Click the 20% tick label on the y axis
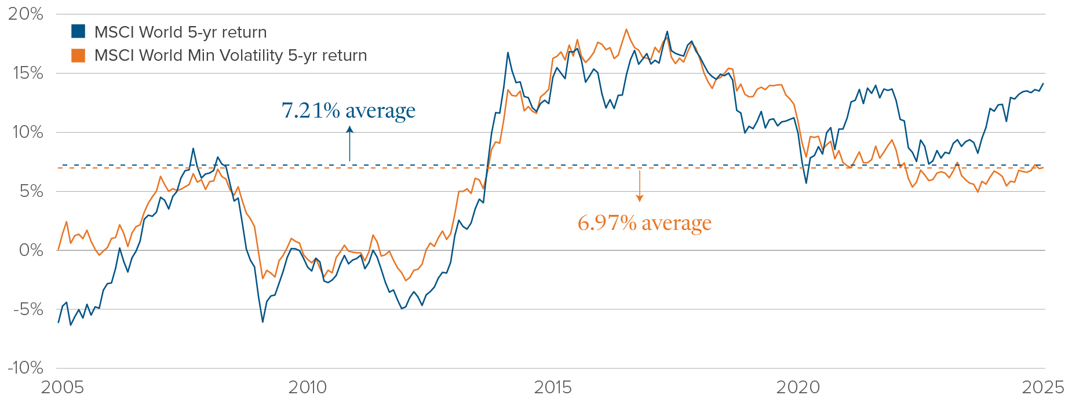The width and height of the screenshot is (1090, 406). coord(25,14)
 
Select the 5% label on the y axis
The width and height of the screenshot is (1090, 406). coord(31,192)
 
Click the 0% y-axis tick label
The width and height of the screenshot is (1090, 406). coord(31,250)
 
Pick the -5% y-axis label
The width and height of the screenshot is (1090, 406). coord(28,309)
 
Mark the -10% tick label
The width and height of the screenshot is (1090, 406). coord(25,368)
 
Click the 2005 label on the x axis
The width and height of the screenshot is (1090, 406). coord(62,387)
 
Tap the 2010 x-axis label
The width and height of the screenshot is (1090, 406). coord(308,387)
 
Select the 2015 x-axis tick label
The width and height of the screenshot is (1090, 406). coord(553,387)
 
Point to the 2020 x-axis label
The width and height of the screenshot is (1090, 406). coord(798,387)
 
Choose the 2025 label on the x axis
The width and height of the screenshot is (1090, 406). coord(1043,387)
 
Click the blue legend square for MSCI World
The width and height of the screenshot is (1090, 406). coord(78,31)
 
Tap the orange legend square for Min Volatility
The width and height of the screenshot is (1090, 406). coord(78,56)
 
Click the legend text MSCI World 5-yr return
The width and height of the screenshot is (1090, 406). coord(180,32)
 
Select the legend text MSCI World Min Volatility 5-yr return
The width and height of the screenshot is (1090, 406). coord(231,56)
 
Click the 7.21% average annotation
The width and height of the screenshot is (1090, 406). coord(348,110)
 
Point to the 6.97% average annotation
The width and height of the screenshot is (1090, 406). coord(644,222)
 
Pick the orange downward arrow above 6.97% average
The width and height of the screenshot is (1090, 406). coord(640,186)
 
